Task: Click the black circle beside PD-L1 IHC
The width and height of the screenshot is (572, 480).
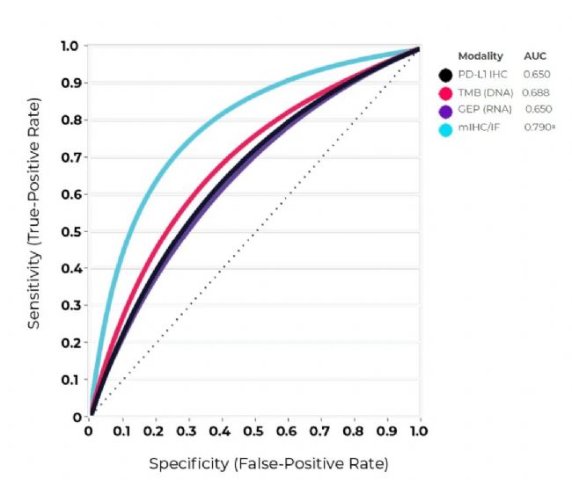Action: point(446,75)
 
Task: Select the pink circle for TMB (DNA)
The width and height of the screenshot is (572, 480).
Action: point(446,92)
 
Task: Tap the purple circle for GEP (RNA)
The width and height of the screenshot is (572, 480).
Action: point(446,111)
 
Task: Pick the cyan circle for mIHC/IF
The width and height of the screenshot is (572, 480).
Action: point(446,129)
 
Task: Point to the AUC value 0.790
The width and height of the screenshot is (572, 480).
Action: point(538,128)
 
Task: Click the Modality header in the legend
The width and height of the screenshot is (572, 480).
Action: point(480,56)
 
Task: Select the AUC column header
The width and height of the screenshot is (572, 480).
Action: point(535,56)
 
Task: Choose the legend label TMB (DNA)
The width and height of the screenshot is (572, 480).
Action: point(483,92)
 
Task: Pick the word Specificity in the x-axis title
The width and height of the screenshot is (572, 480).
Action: point(186,462)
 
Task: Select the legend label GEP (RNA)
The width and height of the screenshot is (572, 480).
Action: point(482,111)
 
